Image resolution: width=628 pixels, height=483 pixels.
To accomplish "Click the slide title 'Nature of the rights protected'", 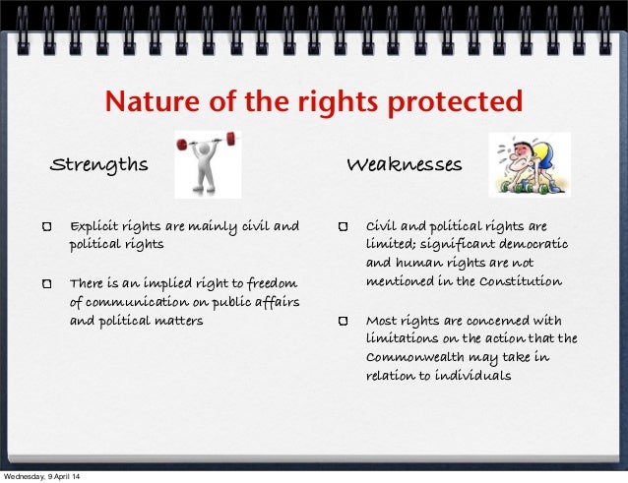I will point(314,101).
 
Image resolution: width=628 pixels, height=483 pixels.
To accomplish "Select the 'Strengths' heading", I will point(99,164).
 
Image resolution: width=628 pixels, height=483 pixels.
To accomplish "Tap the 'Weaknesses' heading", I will point(404,164).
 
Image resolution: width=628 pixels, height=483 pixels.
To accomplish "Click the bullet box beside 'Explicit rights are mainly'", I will point(47,228).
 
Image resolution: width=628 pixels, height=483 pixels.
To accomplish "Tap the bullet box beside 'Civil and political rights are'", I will point(343,228).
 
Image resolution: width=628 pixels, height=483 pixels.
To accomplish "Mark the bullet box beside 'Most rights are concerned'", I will point(343,322).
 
